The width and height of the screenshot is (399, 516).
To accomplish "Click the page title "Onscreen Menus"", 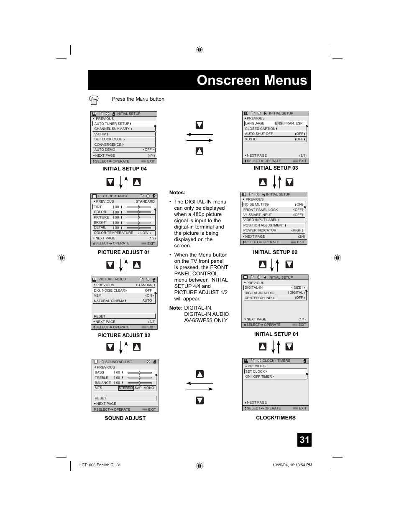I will [x=252, y=80].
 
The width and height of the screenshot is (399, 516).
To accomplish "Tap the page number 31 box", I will [x=304, y=440].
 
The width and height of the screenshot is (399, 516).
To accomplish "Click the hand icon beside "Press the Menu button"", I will [x=94, y=100].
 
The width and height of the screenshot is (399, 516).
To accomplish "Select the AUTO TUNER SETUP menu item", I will [x=112, y=124].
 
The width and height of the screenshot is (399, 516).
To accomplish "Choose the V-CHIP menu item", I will [x=101, y=134].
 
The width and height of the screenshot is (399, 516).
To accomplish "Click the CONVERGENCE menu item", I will [x=108, y=145].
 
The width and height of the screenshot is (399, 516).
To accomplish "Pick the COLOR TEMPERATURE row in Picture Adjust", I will [x=113, y=233].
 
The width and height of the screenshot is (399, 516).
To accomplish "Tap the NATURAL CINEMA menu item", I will [x=110, y=301].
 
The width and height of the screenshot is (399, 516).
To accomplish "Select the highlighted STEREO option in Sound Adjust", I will [x=125, y=388].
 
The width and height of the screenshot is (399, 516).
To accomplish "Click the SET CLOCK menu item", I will [x=256, y=371].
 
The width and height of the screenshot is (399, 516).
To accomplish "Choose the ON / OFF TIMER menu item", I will [x=259, y=376].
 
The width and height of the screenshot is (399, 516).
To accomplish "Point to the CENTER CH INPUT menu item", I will [x=260, y=298].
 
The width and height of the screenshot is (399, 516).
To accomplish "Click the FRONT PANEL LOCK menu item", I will [x=261, y=210].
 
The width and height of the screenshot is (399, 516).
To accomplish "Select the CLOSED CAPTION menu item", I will [x=261, y=129].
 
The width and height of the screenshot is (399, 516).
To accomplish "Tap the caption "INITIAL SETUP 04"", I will [x=125, y=169].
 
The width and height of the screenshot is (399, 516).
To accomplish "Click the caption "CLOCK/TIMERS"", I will [x=276, y=418].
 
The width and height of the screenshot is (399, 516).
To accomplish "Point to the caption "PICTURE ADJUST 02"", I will [x=124, y=336].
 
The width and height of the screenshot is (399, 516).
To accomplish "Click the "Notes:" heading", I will [x=177, y=193].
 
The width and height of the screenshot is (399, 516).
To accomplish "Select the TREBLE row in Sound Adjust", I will [x=102, y=378].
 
